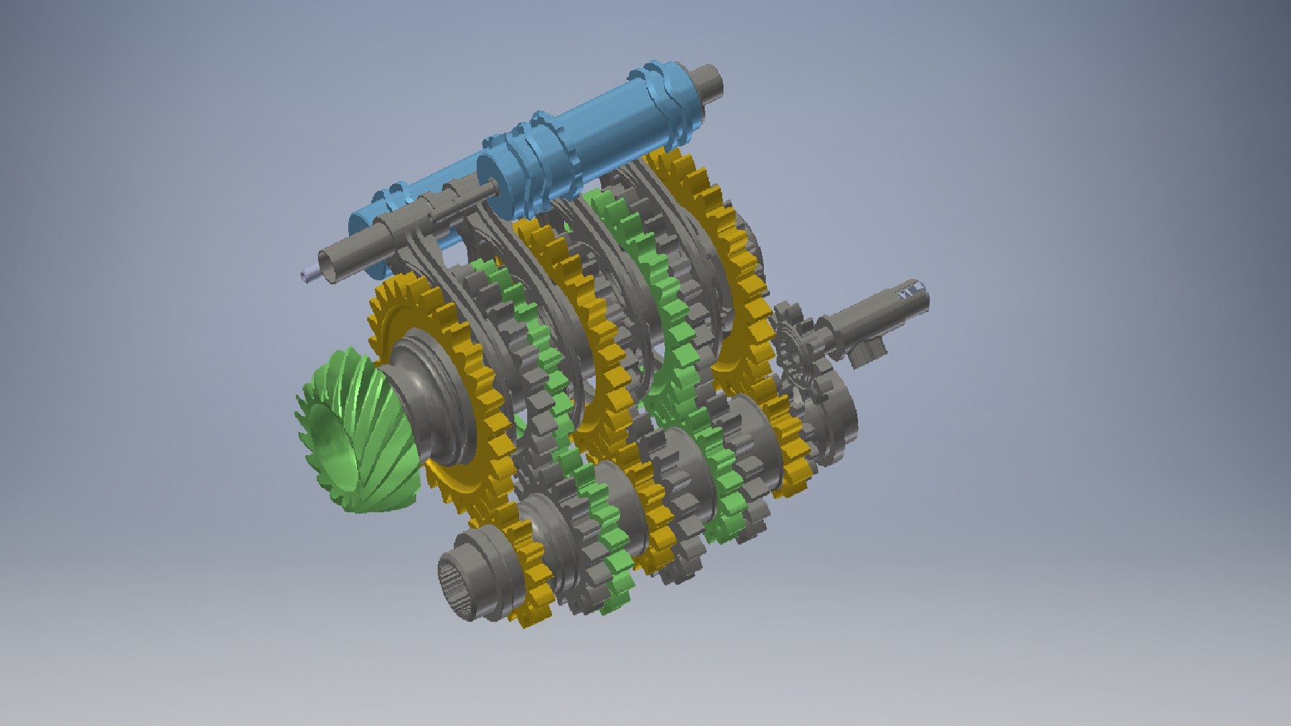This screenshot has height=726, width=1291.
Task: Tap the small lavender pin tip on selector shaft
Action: point(308,273)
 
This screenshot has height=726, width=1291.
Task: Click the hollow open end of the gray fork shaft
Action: point(331,266)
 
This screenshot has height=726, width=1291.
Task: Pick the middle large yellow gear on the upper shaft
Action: point(572,302)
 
